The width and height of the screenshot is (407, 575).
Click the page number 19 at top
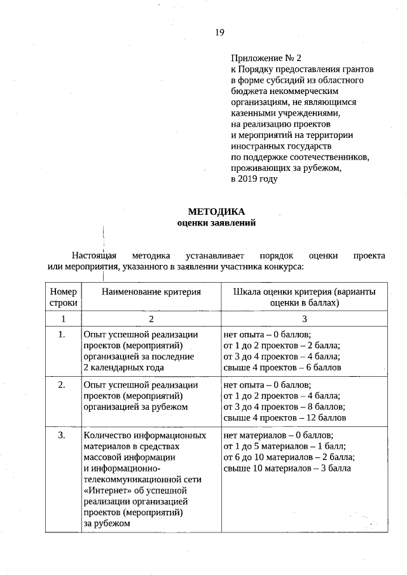click(219, 33)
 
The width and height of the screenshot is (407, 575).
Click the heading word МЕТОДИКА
click(216, 212)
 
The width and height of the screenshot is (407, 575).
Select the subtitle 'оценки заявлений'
click(216, 223)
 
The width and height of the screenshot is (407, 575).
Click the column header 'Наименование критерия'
click(151, 292)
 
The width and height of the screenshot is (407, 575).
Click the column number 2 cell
click(151, 319)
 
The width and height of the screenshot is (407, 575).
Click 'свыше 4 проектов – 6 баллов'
click(282, 367)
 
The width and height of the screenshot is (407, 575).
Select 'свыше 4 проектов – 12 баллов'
click(285, 418)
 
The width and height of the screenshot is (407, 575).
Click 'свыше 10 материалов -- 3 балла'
click(287, 469)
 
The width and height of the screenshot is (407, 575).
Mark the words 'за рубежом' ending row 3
click(106, 524)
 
